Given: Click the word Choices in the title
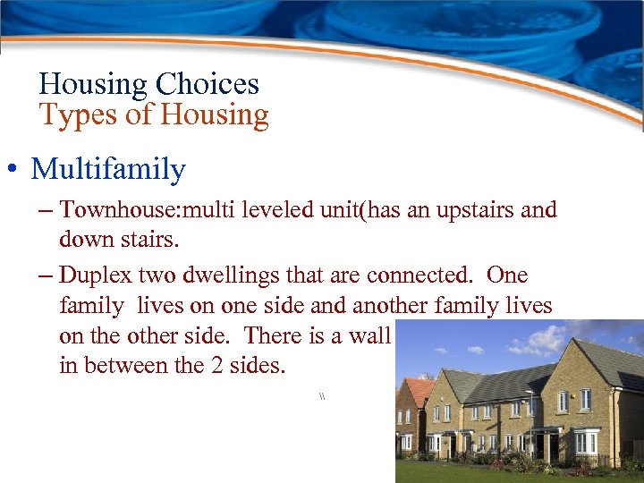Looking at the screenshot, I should [208, 85].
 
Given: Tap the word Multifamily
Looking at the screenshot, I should [108, 169].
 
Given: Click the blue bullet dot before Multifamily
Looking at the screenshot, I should [16, 170].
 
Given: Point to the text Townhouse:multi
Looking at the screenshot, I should [131, 211].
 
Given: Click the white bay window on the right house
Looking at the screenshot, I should [586, 442].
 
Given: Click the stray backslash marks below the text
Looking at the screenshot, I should [320, 395].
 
